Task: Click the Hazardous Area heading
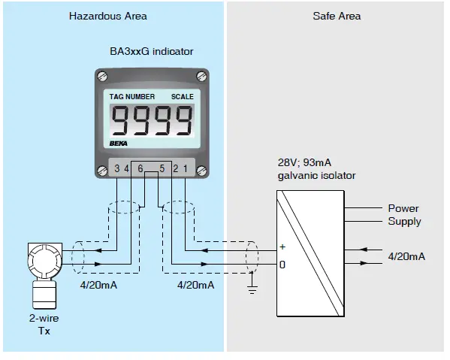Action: [107, 16]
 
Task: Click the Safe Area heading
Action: [337, 16]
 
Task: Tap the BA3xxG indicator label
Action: [152, 52]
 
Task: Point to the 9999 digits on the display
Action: [152, 119]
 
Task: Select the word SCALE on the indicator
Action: [182, 96]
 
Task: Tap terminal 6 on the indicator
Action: [140, 167]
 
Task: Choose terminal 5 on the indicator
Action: [162, 167]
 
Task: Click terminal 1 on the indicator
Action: [185, 167]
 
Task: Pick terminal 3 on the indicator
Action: [118, 167]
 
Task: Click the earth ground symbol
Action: [252, 288]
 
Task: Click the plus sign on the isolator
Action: [282, 247]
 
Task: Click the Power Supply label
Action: [404, 215]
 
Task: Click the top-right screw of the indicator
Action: [200, 76]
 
